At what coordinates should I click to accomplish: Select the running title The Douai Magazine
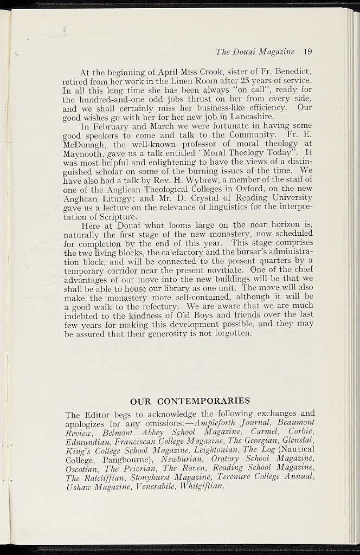255,52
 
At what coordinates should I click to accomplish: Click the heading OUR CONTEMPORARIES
190,402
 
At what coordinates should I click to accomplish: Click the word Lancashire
242,117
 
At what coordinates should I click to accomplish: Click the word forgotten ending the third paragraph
233,333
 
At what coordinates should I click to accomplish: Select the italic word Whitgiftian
201,486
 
